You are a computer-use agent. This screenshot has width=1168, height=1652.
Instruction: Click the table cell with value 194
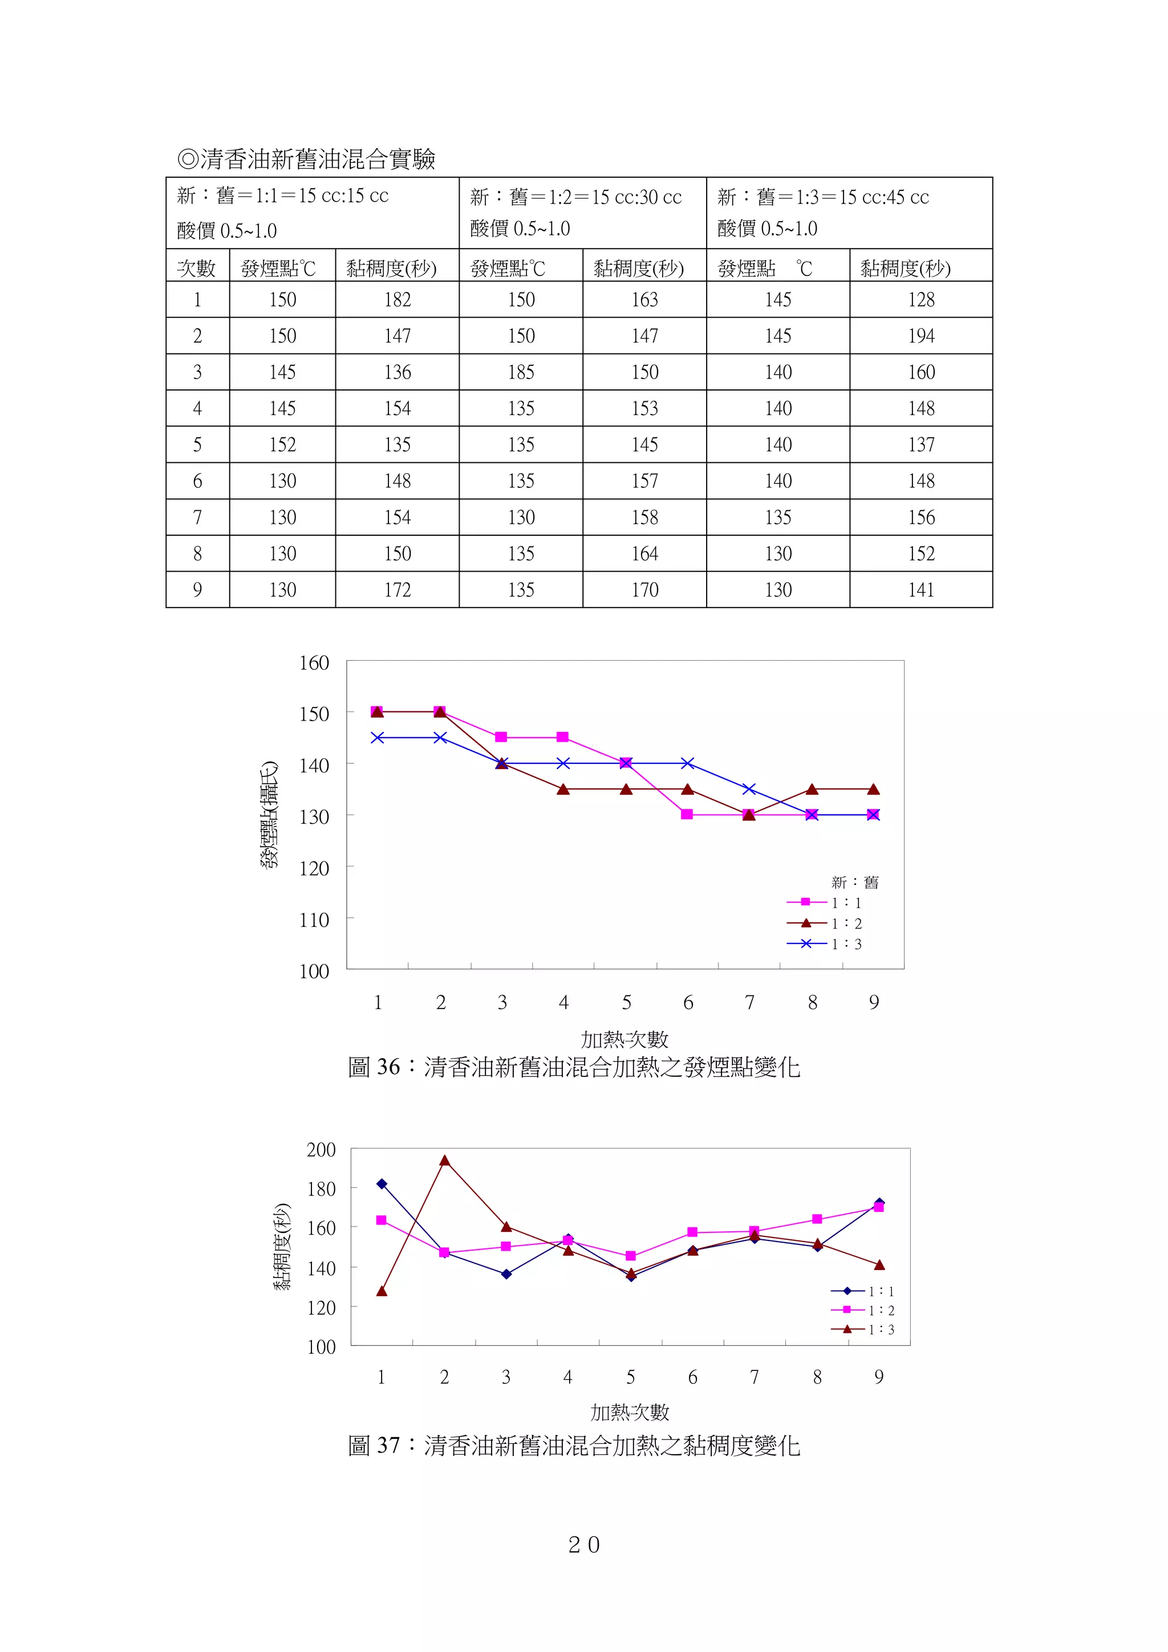[x=920, y=336]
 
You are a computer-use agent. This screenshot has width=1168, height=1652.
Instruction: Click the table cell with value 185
[x=521, y=372]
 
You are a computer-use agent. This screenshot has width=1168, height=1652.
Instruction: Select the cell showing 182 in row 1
[x=398, y=299]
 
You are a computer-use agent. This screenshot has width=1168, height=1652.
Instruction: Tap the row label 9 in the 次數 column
[x=197, y=590]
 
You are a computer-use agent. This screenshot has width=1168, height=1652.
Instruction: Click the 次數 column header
[x=196, y=268]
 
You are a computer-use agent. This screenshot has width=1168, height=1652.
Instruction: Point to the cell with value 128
[x=920, y=299]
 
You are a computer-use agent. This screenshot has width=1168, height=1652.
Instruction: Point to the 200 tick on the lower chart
[x=321, y=1150]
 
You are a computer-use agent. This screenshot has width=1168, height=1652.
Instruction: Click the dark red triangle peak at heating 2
[x=445, y=1161]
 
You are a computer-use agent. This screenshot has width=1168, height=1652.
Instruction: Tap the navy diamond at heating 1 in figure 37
[x=382, y=1183]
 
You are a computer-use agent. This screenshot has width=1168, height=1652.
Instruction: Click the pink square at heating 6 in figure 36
[x=687, y=815]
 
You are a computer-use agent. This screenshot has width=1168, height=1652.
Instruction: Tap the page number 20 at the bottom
[x=583, y=1544]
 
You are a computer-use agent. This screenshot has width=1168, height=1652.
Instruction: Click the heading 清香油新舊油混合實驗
[x=307, y=159]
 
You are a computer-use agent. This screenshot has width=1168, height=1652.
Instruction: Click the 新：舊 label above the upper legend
[x=855, y=882]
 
